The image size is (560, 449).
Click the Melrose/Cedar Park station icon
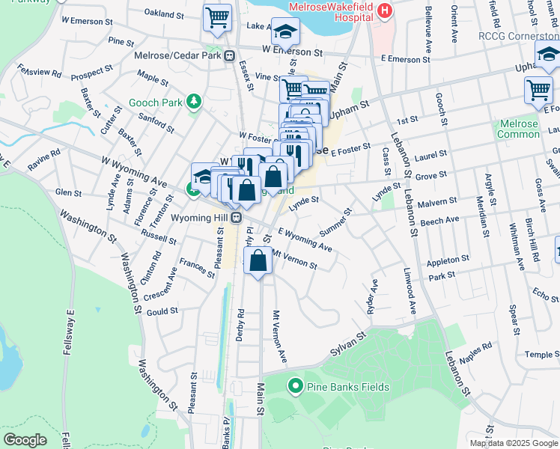tap(231, 55)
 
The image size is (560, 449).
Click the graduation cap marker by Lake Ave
tap(285, 31)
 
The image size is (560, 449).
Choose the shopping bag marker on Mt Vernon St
tap(258, 261)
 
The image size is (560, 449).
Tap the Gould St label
tap(162, 311)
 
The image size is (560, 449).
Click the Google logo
tap(25, 440)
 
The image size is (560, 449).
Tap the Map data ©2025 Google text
tap(513, 443)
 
